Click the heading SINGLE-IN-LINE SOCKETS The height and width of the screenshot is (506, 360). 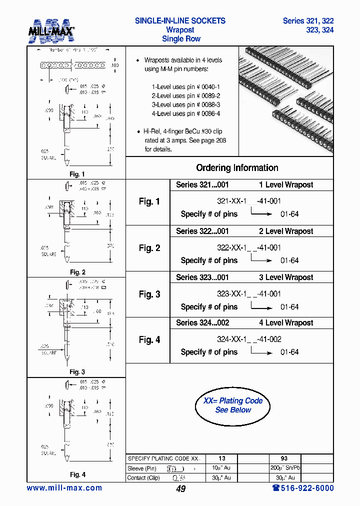pyautogui.click(x=180, y=21)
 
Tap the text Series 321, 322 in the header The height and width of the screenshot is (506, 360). pyautogui.click(x=308, y=21)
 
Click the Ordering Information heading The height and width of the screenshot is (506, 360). pyautogui.click(x=237, y=168)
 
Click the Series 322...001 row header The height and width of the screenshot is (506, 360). pyautogui.click(x=202, y=231)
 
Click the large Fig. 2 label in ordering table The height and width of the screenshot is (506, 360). pyautogui.click(x=149, y=248)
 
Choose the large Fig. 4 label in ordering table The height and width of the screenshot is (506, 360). pyautogui.click(x=149, y=340)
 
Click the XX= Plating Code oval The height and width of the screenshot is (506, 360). pyautogui.click(x=233, y=405)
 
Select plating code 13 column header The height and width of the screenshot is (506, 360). pyautogui.click(x=221, y=458)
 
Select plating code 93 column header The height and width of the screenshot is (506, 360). pyautogui.click(x=284, y=458)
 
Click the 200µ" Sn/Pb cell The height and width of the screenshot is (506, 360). pyautogui.click(x=284, y=468)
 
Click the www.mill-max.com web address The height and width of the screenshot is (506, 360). pyautogui.click(x=64, y=488)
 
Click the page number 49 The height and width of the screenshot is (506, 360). pyautogui.click(x=180, y=489)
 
